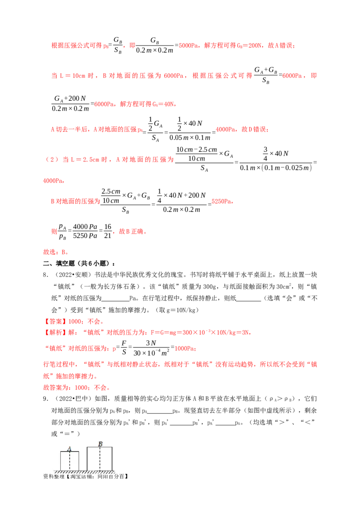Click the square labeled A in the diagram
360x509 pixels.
[70, 460]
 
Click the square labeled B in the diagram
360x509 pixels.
[99, 459]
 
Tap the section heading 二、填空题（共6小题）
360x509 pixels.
[79, 263]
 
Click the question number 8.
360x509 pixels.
[46, 275]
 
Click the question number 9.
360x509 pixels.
[46, 399]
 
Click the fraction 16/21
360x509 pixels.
[108, 231]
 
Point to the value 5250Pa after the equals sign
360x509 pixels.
[221, 201]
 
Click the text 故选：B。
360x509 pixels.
[55, 252]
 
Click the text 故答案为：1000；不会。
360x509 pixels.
[77, 388]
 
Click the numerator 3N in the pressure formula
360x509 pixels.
[151, 343]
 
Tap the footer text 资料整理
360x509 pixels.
[54, 476]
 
